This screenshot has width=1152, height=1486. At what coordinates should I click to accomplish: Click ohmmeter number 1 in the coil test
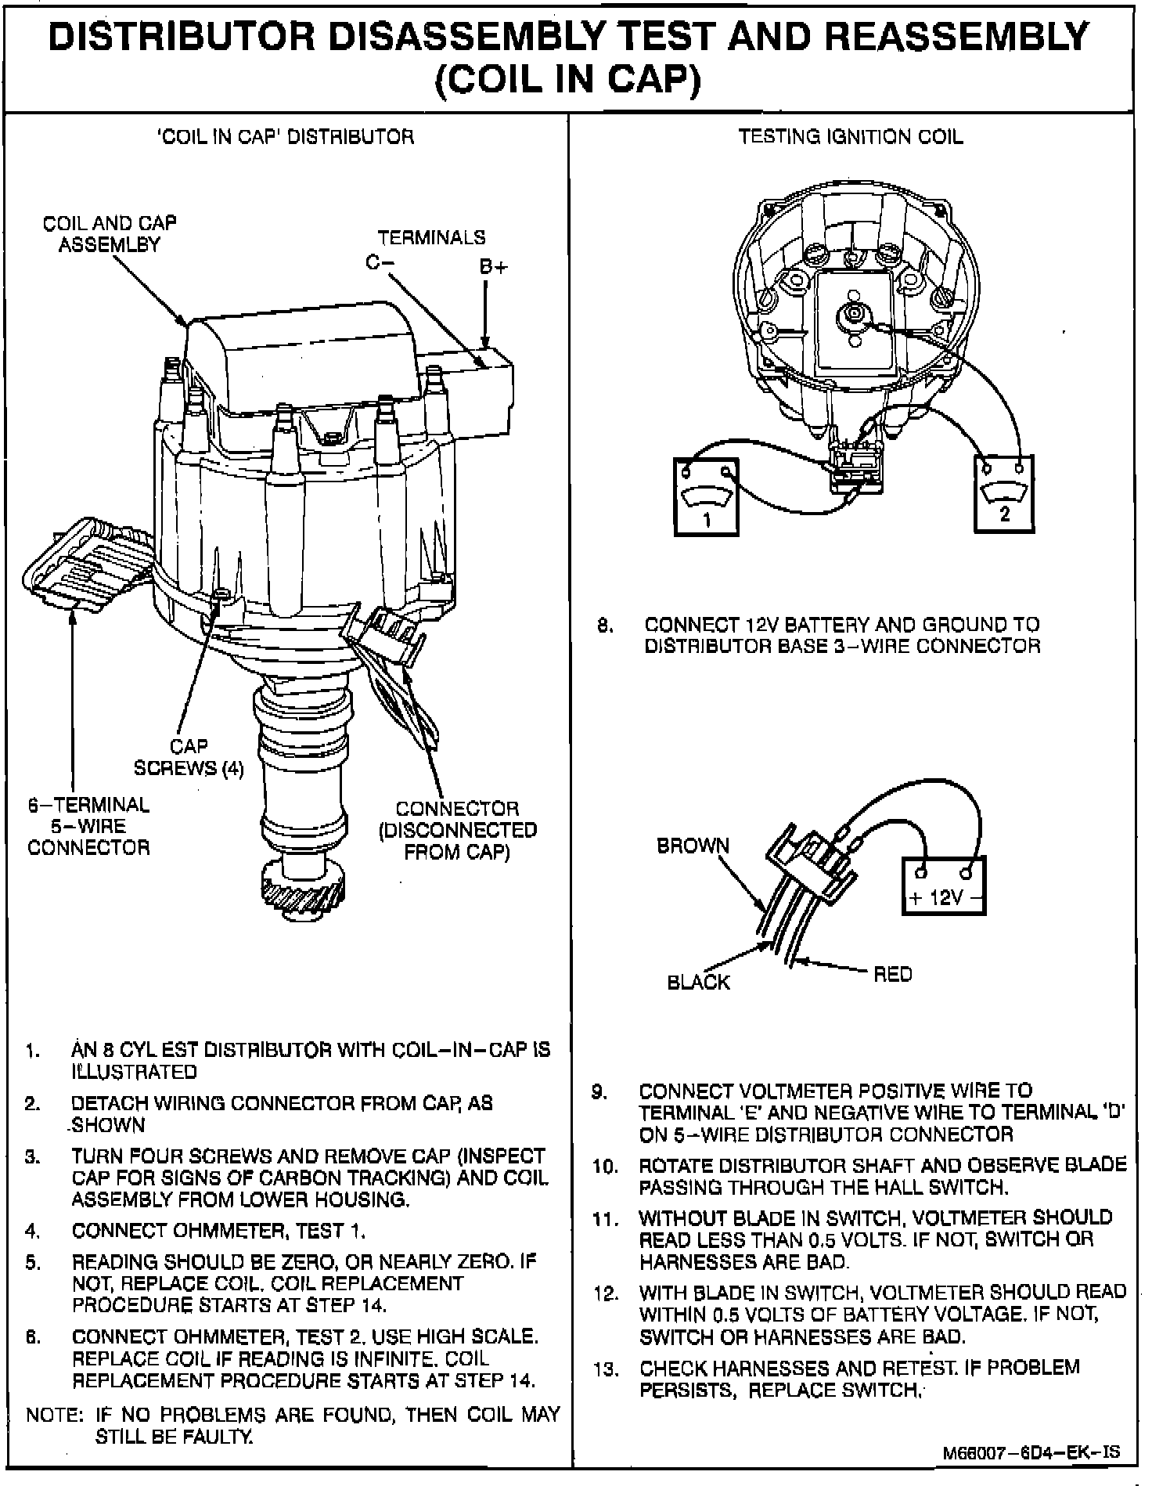pyautogui.click(x=706, y=496)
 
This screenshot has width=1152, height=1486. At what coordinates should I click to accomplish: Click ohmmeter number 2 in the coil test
pyautogui.click(x=1004, y=495)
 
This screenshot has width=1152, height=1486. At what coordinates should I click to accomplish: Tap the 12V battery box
pyautogui.click(x=945, y=885)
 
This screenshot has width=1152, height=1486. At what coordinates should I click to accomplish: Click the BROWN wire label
pyautogui.click(x=693, y=846)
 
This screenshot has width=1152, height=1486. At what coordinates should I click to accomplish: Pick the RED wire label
pyautogui.click(x=893, y=974)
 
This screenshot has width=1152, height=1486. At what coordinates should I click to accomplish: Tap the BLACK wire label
pyautogui.click(x=698, y=982)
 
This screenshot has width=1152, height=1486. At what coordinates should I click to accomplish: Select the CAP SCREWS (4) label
pyautogui.click(x=189, y=758)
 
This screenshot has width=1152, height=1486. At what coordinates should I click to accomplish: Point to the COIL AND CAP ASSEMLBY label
pyautogui.click(x=110, y=233)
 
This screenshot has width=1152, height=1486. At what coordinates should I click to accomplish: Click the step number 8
pyautogui.click(x=603, y=626)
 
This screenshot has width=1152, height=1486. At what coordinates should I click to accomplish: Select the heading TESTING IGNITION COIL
pyautogui.click(x=851, y=137)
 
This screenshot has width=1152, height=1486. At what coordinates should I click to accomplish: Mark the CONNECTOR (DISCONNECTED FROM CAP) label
pyautogui.click(x=457, y=830)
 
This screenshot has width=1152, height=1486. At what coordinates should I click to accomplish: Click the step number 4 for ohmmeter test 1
pyautogui.click(x=32, y=1231)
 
